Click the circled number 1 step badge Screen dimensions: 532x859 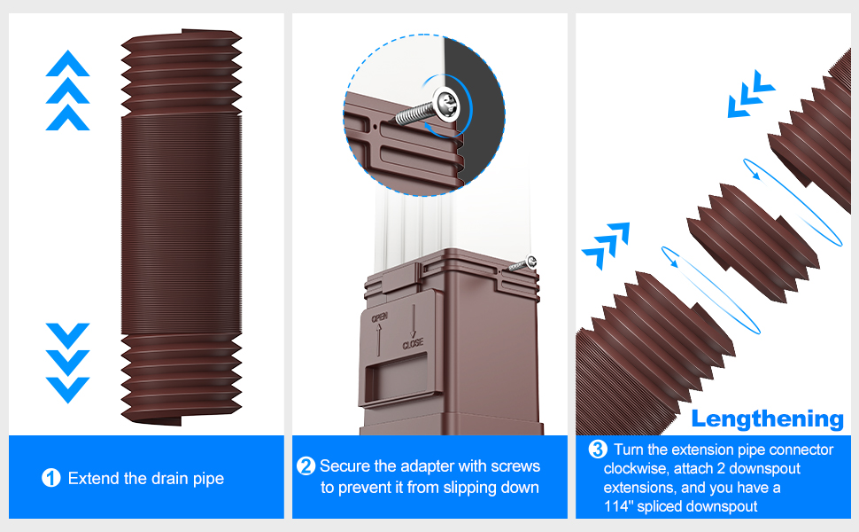point(51,479)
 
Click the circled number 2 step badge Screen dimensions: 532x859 point(306,466)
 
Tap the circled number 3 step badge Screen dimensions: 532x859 point(598,450)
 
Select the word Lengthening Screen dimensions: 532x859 point(768,419)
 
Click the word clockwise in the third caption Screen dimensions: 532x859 point(633,468)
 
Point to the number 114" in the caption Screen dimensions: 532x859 point(620,507)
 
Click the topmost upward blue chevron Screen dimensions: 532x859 point(67,63)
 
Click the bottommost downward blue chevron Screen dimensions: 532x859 point(67,389)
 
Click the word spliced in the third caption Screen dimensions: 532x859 point(670,507)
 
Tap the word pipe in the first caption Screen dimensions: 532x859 point(207,479)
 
